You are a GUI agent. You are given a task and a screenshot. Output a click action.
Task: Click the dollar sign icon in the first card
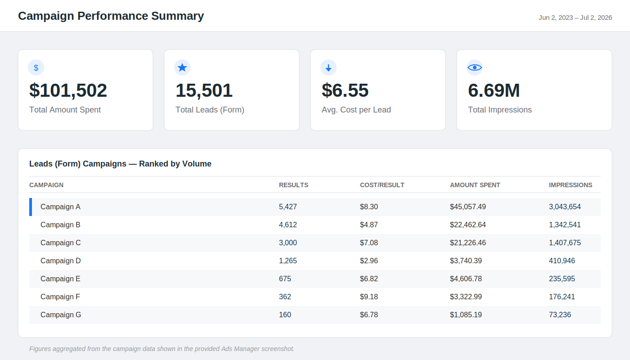[36, 68]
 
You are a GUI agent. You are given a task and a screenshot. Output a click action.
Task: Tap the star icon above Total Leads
[182, 67]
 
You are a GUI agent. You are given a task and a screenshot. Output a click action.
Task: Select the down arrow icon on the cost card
[328, 68]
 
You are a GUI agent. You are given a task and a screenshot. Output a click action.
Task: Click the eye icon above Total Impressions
[475, 67]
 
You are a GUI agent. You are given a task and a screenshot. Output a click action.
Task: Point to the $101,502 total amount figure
[68, 90]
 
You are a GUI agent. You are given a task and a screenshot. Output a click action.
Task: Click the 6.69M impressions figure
[494, 90]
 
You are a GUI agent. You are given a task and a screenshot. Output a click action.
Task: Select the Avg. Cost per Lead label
[356, 110]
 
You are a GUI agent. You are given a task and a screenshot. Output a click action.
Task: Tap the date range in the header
[575, 18]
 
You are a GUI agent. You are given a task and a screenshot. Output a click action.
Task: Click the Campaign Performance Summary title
[111, 16]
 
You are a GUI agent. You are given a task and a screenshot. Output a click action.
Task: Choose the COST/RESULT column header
[382, 185]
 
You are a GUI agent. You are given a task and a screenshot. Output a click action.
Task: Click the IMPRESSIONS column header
[571, 185]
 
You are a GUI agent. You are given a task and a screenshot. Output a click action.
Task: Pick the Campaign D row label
[60, 261]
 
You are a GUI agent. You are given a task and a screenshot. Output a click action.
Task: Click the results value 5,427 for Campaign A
[288, 207]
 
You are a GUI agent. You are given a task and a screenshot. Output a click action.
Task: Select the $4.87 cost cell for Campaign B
[369, 225]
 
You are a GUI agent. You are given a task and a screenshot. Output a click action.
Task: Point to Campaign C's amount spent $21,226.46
[468, 243]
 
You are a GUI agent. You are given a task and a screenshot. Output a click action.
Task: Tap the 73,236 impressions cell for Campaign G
[560, 315]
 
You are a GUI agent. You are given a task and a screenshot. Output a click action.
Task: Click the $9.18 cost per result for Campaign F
[369, 297]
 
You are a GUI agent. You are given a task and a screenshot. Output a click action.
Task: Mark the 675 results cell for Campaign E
[285, 279]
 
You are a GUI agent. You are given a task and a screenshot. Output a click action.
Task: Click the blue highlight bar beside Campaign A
[31, 207]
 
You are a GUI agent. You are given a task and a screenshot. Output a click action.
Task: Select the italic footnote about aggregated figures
[162, 349]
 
